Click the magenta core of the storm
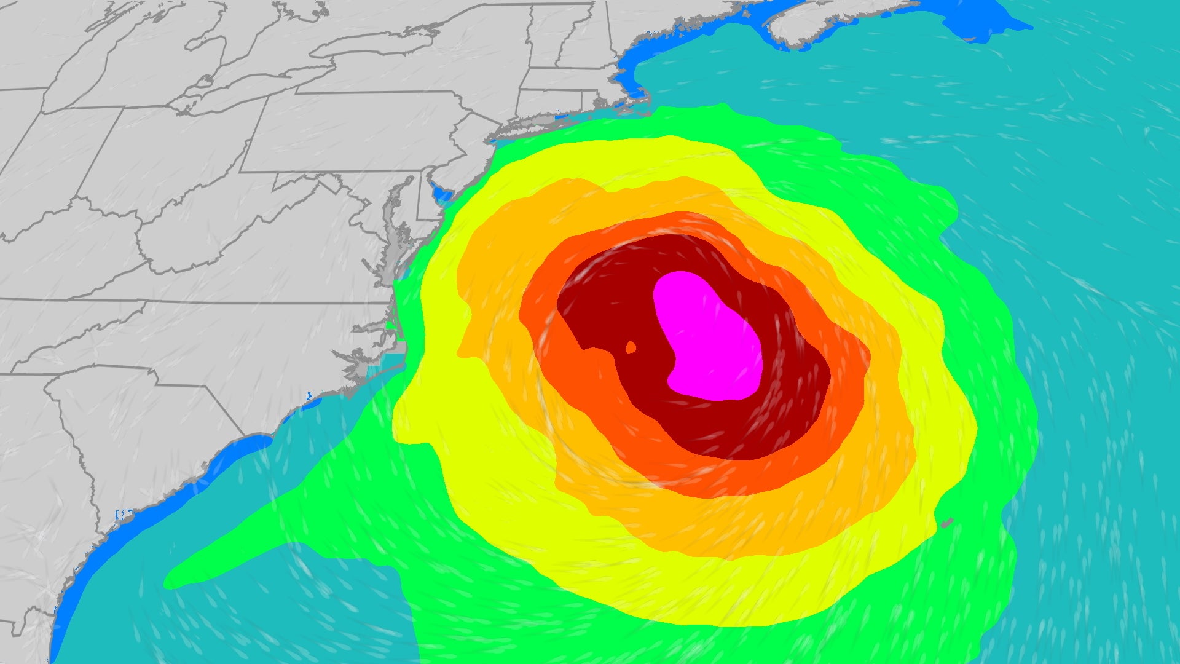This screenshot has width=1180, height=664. click(707, 338)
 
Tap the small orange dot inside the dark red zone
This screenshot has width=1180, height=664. click(631, 347)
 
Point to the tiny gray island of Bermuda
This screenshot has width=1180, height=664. click(947, 523)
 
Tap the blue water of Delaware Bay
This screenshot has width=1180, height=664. click(441, 194)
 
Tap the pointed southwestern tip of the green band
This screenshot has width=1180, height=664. click(169, 581)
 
